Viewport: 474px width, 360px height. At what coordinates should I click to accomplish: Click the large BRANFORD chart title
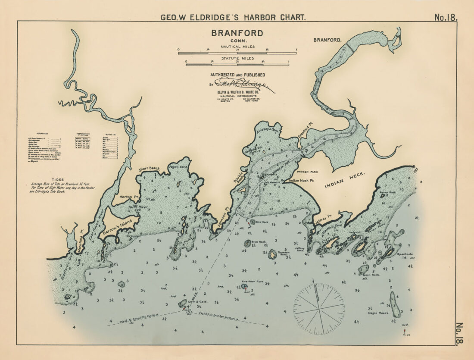coord(237,33)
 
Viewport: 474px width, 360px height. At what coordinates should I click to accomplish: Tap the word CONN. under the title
coord(237,41)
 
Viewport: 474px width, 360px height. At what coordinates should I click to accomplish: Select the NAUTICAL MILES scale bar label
coord(237,47)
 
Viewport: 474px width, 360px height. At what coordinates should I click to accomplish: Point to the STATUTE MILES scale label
coord(237,58)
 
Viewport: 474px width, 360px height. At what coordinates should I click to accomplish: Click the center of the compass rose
coord(319,309)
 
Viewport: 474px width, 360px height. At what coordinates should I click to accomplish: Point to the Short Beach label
coord(149,169)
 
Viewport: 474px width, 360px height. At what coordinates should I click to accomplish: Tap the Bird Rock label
coord(262,222)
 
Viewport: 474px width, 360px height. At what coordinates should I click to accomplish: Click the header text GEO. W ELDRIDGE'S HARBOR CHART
coord(233,18)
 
